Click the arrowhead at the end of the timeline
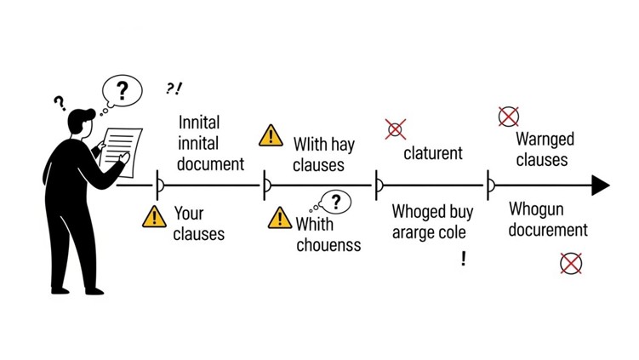[601, 185]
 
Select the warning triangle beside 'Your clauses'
[154, 217]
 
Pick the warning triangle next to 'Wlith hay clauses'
[271, 135]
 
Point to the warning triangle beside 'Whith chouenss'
[279, 219]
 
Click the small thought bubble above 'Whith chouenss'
[336, 202]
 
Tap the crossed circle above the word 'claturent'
[395, 129]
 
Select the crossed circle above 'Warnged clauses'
[508, 117]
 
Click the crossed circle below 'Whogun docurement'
[571, 263]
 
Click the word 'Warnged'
[545, 140]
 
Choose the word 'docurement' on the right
[548, 230]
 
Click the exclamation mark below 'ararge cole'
[464, 259]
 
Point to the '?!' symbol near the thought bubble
[174, 89]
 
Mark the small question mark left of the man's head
[60, 104]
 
